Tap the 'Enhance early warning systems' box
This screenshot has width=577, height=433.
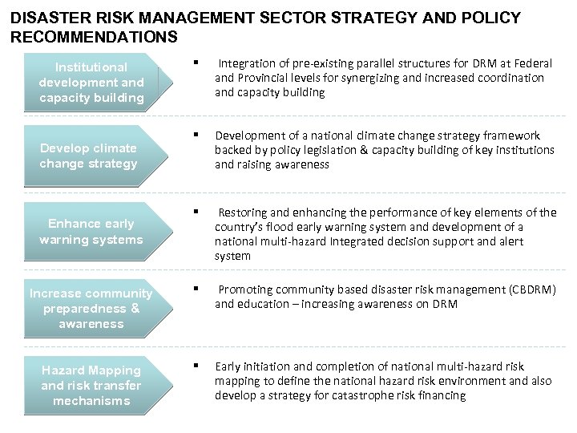[91, 232]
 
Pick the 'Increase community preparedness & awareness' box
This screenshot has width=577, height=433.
[91, 308]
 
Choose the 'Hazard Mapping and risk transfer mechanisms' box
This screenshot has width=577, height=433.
[91, 385]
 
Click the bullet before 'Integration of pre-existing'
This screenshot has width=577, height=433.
[195, 61]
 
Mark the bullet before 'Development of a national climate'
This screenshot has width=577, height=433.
[195, 134]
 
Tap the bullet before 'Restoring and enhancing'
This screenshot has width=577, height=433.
[195, 211]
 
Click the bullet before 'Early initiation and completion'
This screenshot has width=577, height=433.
[195, 366]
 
